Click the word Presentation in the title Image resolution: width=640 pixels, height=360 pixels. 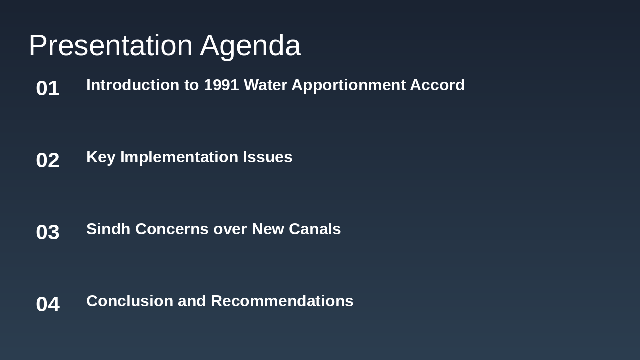(x=110, y=45)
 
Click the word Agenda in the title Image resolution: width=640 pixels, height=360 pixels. (x=250, y=46)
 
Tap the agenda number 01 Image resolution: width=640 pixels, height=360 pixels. (x=48, y=88)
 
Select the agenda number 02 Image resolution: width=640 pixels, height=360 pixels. (x=48, y=160)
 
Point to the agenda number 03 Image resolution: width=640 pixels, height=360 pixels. (x=48, y=232)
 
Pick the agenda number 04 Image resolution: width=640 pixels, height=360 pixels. (x=48, y=304)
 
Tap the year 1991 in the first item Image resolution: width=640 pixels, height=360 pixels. (x=221, y=85)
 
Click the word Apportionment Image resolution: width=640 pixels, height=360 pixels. (x=348, y=86)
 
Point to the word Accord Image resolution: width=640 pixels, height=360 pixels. (x=437, y=85)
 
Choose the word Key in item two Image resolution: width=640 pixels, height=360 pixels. (x=101, y=157)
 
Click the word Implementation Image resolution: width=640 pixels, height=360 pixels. (x=179, y=157)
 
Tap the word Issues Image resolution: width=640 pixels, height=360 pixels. (x=267, y=157)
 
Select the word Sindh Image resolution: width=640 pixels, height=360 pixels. (x=108, y=229)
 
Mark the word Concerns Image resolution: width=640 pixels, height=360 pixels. (x=172, y=229)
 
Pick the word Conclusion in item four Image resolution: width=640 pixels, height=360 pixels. (x=130, y=301)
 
